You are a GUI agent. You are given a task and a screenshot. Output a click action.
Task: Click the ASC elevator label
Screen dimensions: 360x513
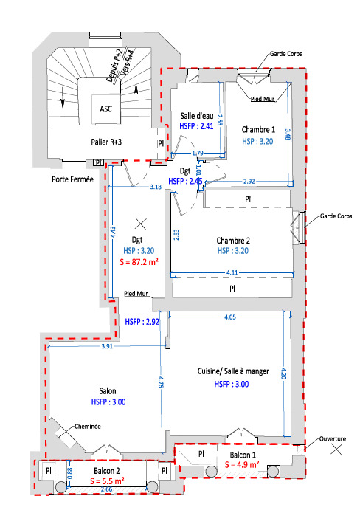(x=105, y=109)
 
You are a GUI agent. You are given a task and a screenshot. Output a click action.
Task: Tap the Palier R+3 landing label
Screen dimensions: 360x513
(x=106, y=142)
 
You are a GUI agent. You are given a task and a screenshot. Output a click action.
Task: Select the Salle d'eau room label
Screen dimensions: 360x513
(x=197, y=116)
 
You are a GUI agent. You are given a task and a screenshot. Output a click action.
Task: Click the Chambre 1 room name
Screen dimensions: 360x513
(x=258, y=130)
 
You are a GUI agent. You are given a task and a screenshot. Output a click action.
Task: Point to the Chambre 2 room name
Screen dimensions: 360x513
(x=233, y=241)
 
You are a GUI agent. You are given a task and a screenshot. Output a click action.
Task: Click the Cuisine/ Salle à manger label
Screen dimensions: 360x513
(x=233, y=371)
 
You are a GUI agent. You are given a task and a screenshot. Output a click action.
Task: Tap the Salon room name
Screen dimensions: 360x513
(x=108, y=391)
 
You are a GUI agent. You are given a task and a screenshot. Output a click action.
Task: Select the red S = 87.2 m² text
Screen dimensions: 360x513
(x=139, y=262)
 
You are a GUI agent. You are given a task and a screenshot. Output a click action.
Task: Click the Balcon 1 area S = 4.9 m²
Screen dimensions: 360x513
(x=242, y=464)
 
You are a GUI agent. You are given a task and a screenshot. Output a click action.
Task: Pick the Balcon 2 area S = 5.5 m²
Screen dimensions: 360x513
(x=107, y=481)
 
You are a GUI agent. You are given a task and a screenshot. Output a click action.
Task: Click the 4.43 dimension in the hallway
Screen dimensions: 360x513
(x=113, y=233)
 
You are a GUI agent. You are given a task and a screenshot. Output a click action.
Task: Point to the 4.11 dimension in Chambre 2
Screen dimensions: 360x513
(x=232, y=272)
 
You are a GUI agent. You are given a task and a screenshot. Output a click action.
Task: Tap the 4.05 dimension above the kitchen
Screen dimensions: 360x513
(x=230, y=317)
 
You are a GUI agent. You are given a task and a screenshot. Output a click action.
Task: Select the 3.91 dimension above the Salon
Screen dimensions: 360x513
(x=107, y=346)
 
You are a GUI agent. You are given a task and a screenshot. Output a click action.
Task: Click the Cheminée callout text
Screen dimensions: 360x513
(x=88, y=427)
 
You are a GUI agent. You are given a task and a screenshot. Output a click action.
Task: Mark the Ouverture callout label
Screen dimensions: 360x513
(x=333, y=439)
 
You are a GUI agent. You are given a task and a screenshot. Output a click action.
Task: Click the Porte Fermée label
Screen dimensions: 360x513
(x=72, y=179)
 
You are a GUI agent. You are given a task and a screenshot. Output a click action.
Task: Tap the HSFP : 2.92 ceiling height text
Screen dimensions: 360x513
(x=142, y=322)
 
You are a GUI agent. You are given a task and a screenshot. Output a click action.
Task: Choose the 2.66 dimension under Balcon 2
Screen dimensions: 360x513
(x=106, y=489)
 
